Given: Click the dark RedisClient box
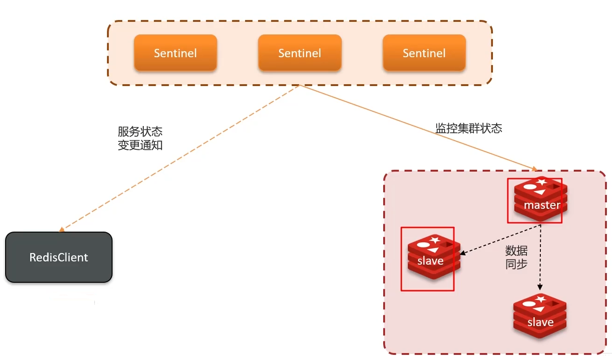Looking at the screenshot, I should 59,257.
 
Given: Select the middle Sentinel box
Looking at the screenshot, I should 300,53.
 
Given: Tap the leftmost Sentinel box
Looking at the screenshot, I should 175,53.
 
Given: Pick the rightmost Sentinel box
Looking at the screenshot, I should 424,53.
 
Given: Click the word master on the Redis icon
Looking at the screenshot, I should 542,205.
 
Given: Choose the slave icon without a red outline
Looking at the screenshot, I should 540,317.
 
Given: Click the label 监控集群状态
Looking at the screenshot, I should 469,128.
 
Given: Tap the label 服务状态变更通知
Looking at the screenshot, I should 140,138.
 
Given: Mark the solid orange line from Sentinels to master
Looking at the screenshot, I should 419,128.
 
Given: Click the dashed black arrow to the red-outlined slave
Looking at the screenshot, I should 502,240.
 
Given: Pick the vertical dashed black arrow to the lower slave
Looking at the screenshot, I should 540,260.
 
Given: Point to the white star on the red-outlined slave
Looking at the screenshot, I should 435,240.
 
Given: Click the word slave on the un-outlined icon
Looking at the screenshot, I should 540,322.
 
